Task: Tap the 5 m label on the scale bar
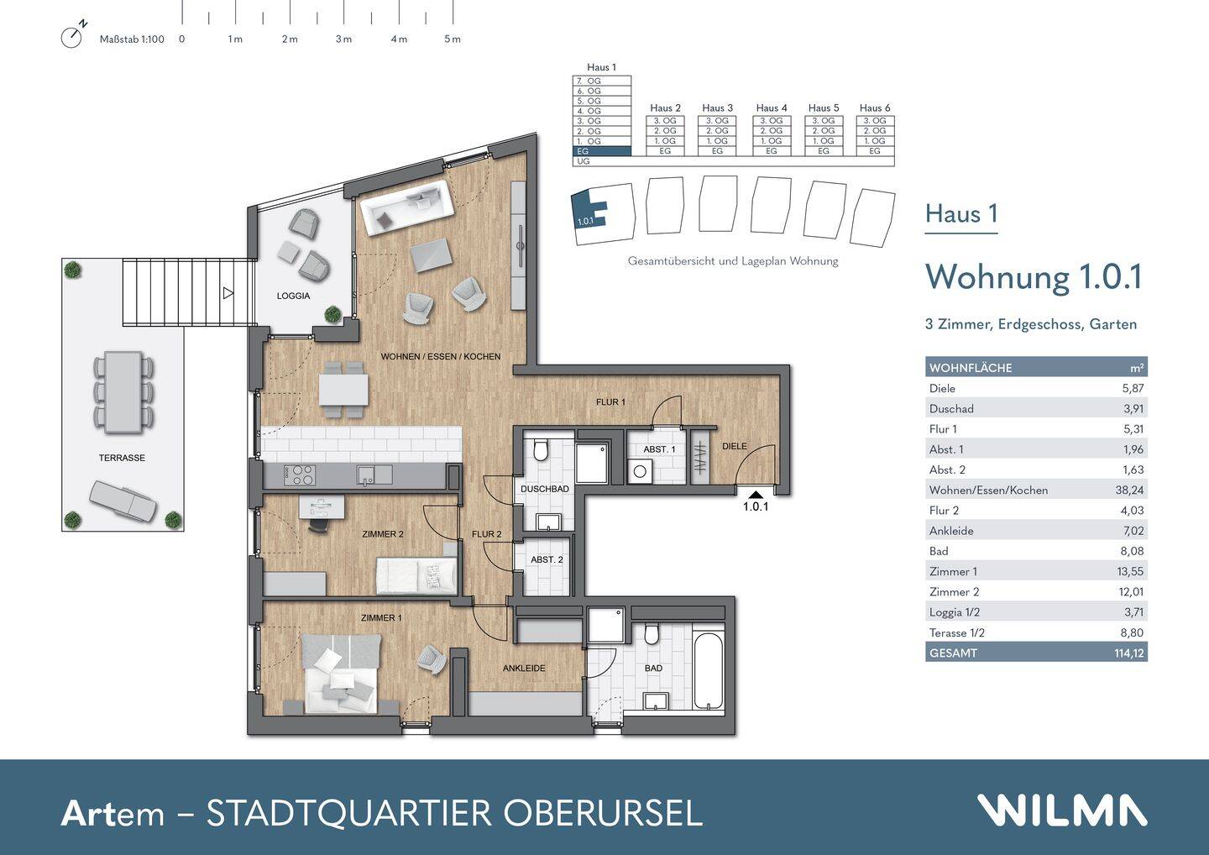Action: pos(453,39)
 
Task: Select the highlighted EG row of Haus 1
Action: pos(601,151)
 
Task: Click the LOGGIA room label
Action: pos(293,296)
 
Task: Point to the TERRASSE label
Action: pos(122,458)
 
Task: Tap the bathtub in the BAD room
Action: pos(709,670)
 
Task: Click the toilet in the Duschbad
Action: pos(541,450)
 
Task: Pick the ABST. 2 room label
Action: pos(547,559)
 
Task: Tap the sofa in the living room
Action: pos(407,207)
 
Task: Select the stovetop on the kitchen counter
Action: pos(300,475)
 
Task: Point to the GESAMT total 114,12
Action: pos(1128,653)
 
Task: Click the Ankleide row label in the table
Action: pos(951,531)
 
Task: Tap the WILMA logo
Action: pos(1061,810)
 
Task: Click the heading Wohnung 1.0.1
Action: pos(1033,277)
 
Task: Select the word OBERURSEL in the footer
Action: pos(602,813)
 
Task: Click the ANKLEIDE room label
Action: pos(524,669)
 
